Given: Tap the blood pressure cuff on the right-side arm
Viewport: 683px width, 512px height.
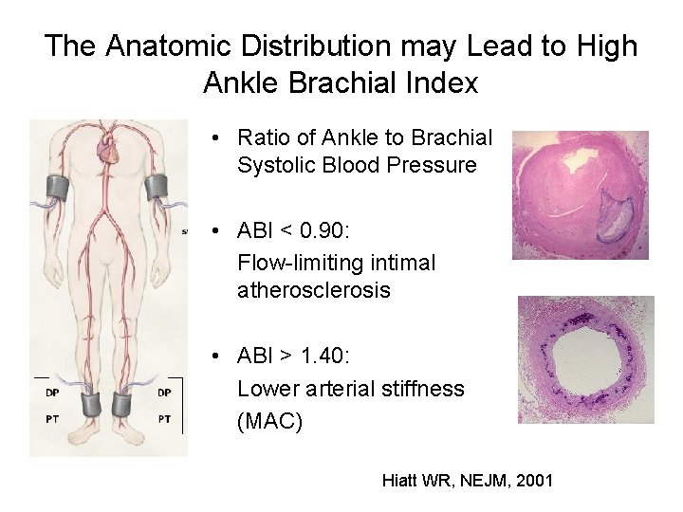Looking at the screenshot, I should click(x=157, y=188).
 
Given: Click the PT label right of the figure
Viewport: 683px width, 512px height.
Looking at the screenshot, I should click(x=164, y=418).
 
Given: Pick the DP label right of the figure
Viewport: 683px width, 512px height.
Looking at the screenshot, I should click(x=164, y=392).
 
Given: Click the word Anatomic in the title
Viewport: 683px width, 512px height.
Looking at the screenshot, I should click(x=167, y=46).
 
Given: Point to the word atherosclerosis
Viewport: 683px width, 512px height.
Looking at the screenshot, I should click(x=313, y=291).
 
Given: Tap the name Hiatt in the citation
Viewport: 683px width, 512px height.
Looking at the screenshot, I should click(x=401, y=481).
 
